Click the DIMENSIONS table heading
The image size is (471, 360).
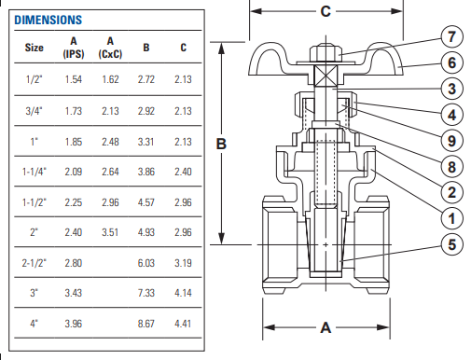(x=48, y=20)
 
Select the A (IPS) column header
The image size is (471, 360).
(x=74, y=48)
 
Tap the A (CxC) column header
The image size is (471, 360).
(x=110, y=48)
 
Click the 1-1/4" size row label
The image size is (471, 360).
(x=35, y=172)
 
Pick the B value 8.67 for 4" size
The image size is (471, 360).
(x=145, y=324)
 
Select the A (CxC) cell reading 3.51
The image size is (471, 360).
(x=110, y=232)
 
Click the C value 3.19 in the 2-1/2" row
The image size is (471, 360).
(x=183, y=263)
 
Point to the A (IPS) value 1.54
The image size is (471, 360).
(x=74, y=79)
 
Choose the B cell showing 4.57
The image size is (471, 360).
(x=145, y=202)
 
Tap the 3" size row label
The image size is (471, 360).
(x=34, y=293)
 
